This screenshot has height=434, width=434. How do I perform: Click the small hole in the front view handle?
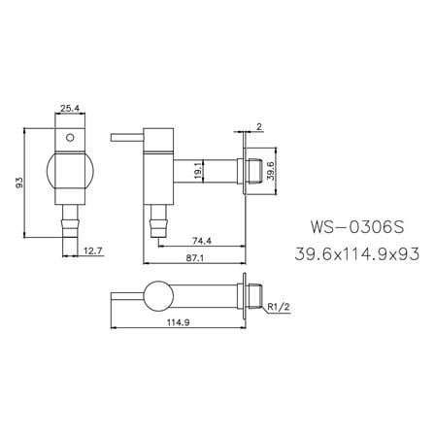70,139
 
